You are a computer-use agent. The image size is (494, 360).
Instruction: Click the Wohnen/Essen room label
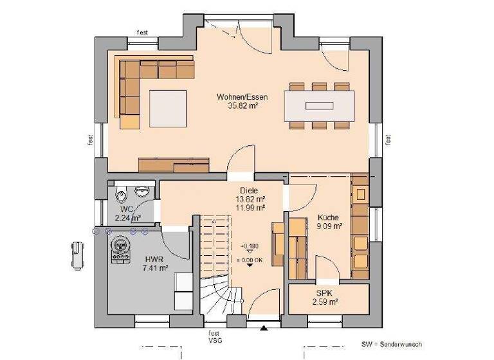click(x=242, y=97)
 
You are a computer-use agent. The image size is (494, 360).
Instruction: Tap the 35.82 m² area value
click(x=242, y=107)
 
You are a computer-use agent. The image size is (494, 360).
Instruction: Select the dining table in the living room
click(x=320, y=105)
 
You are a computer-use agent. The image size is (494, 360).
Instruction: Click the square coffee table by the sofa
click(x=168, y=109)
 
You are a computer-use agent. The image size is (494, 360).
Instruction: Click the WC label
click(x=126, y=209)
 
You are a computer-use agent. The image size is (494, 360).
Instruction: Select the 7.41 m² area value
click(x=154, y=269)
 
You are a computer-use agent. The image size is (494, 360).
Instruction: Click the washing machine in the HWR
click(x=120, y=249)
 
